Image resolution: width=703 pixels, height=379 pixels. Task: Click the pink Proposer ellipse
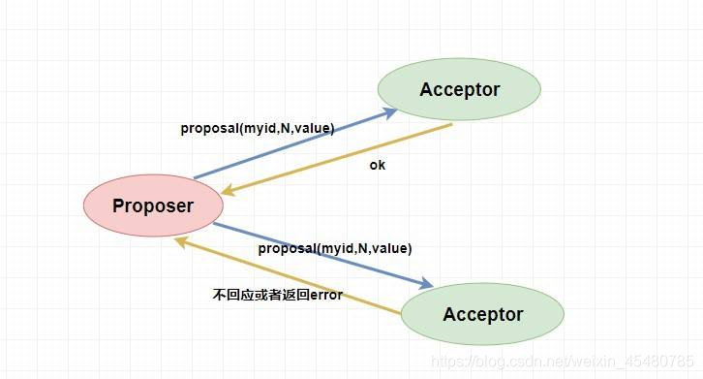(x=153, y=205)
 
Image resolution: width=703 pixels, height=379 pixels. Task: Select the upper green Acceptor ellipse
(x=459, y=90)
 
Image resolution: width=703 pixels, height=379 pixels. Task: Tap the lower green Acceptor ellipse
(x=482, y=314)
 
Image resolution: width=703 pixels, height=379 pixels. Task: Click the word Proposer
(x=153, y=205)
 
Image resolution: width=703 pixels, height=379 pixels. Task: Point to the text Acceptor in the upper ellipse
(x=459, y=90)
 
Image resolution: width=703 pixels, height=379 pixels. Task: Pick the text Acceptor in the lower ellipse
(x=482, y=314)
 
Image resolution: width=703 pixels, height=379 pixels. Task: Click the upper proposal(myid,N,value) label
(x=257, y=128)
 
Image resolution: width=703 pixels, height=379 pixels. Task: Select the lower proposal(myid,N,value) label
(x=334, y=249)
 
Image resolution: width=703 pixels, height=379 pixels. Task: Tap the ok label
(x=377, y=165)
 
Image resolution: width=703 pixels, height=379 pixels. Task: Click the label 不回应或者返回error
(x=277, y=294)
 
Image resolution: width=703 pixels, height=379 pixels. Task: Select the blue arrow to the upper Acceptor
(x=290, y=144)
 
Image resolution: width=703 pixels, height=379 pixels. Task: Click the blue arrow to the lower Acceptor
(x=320, y=254)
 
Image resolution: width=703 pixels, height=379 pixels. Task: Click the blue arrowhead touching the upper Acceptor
(x=389, y=111)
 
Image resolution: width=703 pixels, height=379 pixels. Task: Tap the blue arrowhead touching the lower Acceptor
(x=426, y=284)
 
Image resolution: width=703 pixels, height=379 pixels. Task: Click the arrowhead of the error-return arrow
(x=181, y=241)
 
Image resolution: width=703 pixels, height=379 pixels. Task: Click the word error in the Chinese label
(x=323, y=294)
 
